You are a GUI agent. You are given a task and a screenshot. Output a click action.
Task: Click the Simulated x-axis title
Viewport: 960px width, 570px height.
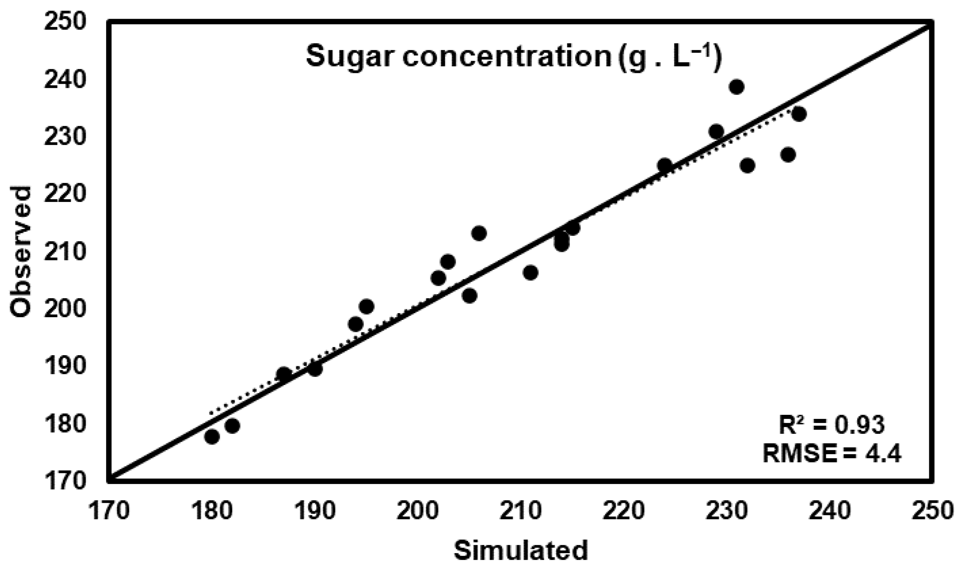(x=521, y=551)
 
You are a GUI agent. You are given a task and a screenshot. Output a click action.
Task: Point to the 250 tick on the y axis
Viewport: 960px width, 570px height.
(x=64, y=24)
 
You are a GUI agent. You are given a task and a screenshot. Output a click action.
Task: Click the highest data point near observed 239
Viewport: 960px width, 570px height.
(x=736, y=87)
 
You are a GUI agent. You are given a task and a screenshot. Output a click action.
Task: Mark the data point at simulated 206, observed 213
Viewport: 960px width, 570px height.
(x=479, y=233)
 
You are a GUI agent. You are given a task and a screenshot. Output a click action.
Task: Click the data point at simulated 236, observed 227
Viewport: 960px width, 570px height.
(x=788, y=155)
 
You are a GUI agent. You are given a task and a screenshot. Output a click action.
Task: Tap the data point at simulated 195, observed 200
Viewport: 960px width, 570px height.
(x=366, y=306)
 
